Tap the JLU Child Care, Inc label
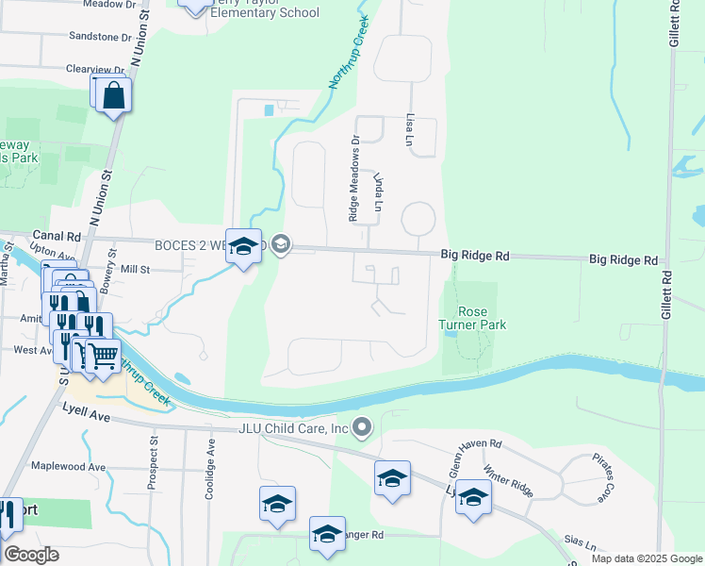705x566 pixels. [x=292, y=429]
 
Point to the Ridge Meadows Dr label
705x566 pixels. [x=354, y=177]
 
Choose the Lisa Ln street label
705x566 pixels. [x=410, y=123]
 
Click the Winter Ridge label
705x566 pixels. [x=507, y=480]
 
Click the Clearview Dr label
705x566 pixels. [x=95, y=70]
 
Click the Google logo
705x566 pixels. [x=31, y=555]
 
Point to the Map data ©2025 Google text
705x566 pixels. [x=646, y=558]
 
